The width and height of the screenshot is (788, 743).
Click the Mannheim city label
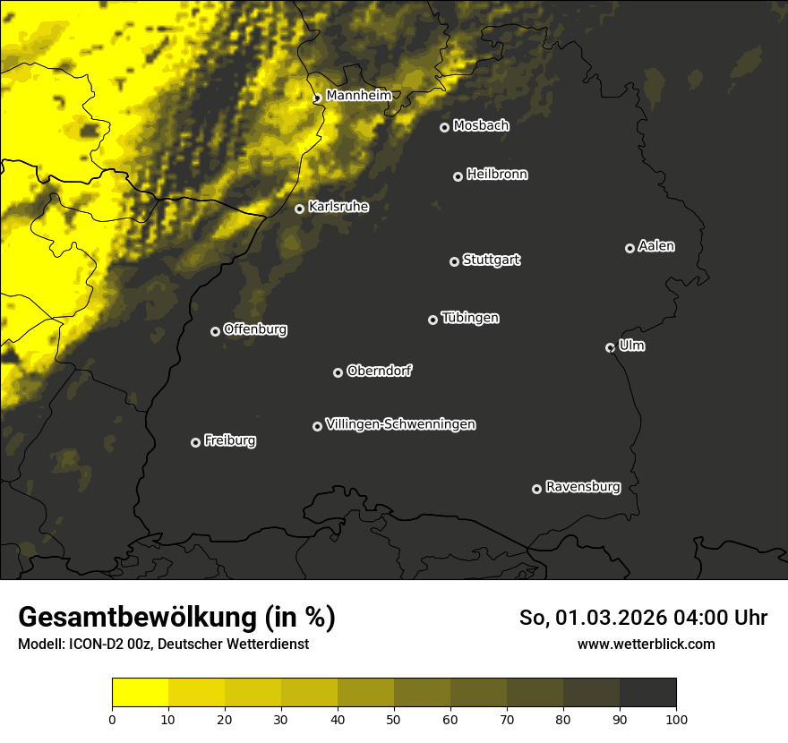(358, 96)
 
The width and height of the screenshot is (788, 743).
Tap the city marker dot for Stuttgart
(454, 261)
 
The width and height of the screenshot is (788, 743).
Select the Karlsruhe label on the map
(338, 207)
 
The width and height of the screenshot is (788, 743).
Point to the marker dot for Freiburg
(195, 442)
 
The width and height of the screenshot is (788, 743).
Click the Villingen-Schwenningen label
(400, 424)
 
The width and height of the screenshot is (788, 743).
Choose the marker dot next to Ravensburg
(536, 489)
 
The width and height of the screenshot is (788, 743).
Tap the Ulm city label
(631, 346)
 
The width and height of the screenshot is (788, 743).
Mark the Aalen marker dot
(630, 248)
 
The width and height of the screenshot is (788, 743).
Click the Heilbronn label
(497, 175)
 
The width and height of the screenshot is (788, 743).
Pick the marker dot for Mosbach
(444, 127)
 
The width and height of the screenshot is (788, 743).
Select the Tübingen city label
(470, 318)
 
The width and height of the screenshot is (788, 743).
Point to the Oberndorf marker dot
(338, 372)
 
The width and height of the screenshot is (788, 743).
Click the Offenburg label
(255, 329)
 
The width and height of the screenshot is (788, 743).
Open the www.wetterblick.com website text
(646, 644)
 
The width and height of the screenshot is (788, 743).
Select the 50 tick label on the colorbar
(394, 719)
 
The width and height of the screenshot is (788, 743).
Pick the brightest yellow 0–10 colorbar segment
(140, 693)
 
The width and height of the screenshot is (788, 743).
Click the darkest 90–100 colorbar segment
(647, 693)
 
